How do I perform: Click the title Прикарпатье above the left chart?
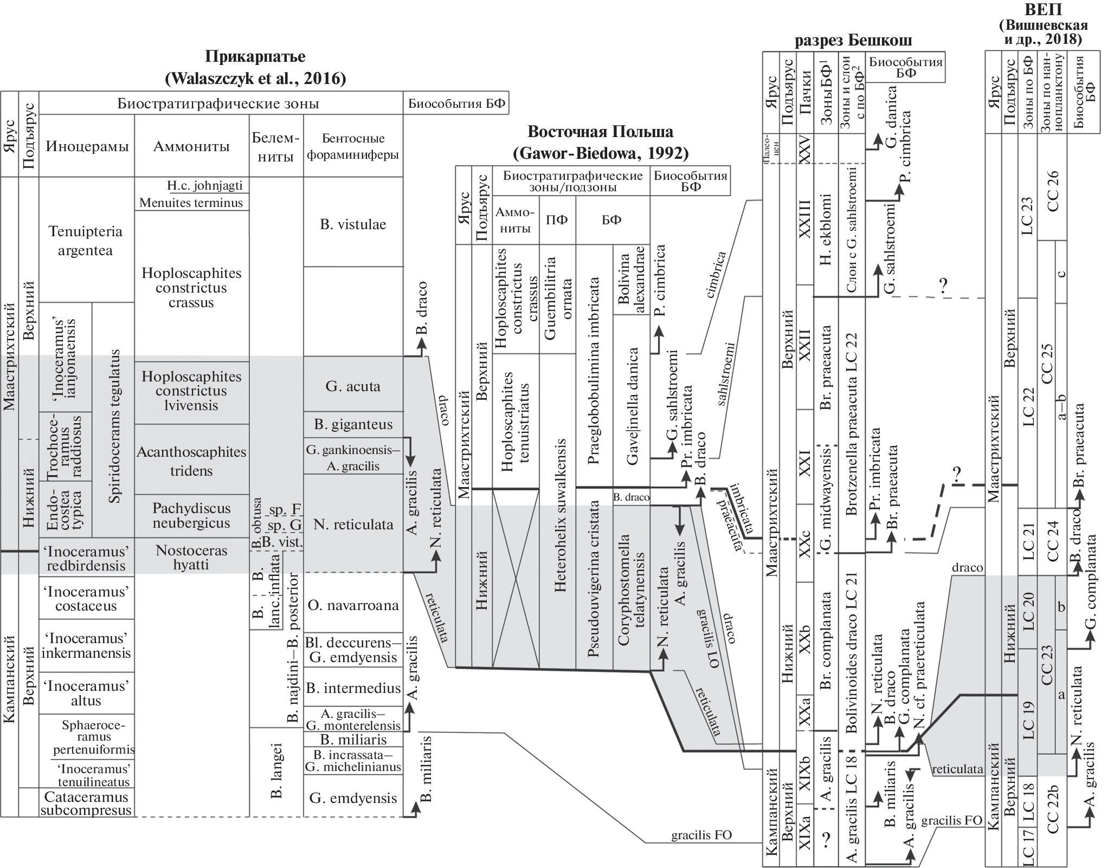coord(255,56)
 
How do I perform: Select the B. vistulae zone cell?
coord(353,224)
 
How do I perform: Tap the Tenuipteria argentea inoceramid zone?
coord(85,241)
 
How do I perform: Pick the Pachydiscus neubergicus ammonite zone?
coord(191,515)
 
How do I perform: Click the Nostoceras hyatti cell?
coord(191,557)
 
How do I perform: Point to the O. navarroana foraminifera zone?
coord(353,605)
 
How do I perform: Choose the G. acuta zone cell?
coord(353,386)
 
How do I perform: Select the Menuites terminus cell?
coord(191,203)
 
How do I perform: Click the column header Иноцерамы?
coord(87,146)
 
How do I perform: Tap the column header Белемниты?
coord(276,146)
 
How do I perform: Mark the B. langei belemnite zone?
coord(276,772)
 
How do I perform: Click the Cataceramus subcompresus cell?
coord(86,804)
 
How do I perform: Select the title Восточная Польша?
coord(601,132)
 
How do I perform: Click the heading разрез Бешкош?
coord(853,41)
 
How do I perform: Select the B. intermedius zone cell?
coord(353,688)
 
